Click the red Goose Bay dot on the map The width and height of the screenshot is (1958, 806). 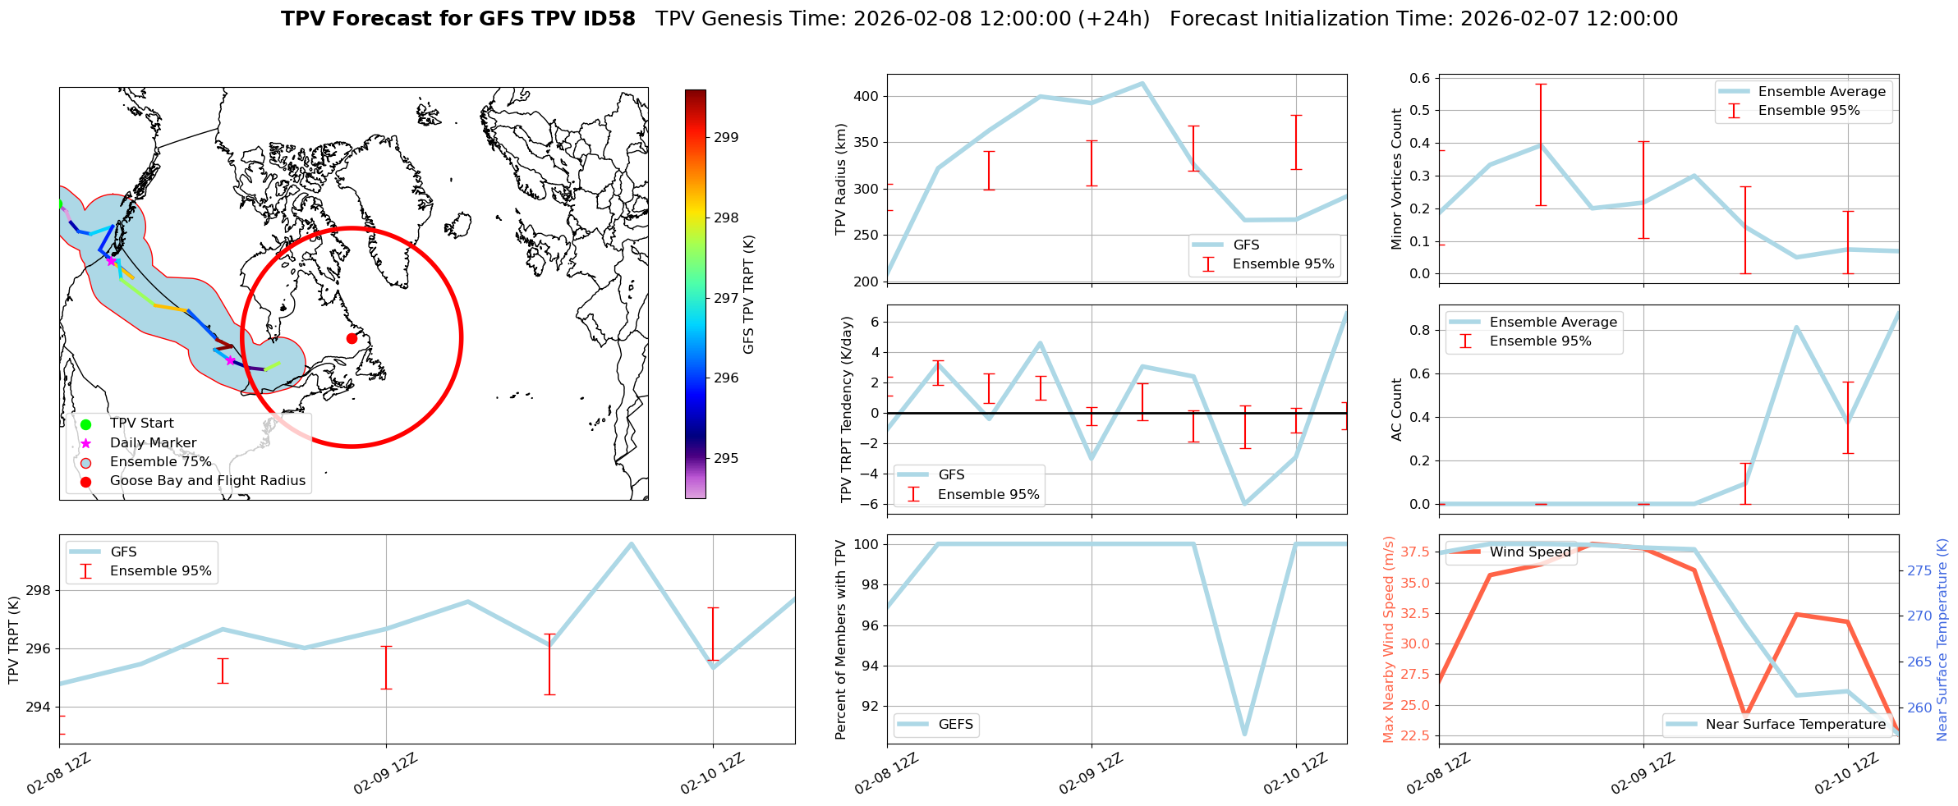click(x=352, y=338)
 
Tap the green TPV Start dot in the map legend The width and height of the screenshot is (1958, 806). click(x=85, y=424)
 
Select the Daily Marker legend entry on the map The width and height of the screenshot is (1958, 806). click(x=153, y=443)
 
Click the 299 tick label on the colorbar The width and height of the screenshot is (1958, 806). click(x=726, y=138)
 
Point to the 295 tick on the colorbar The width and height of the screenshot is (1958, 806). click(x=726, y=459)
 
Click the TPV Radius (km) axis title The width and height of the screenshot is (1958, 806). click(x=840, y=179)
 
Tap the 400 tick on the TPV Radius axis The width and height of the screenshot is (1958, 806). click(x=868, y=97)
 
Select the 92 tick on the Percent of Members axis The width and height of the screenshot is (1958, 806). click(x=869, y=707)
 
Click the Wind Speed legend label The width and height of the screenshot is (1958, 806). click(x=1530, y=552)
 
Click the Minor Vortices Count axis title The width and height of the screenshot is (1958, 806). click(x=1397, y=179)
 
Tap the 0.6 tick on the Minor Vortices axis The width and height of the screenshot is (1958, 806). click(x=1420, y=79)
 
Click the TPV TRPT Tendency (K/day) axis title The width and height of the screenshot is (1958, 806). click(x=847, y=410)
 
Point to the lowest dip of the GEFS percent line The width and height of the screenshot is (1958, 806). click(x=1245, y=734)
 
